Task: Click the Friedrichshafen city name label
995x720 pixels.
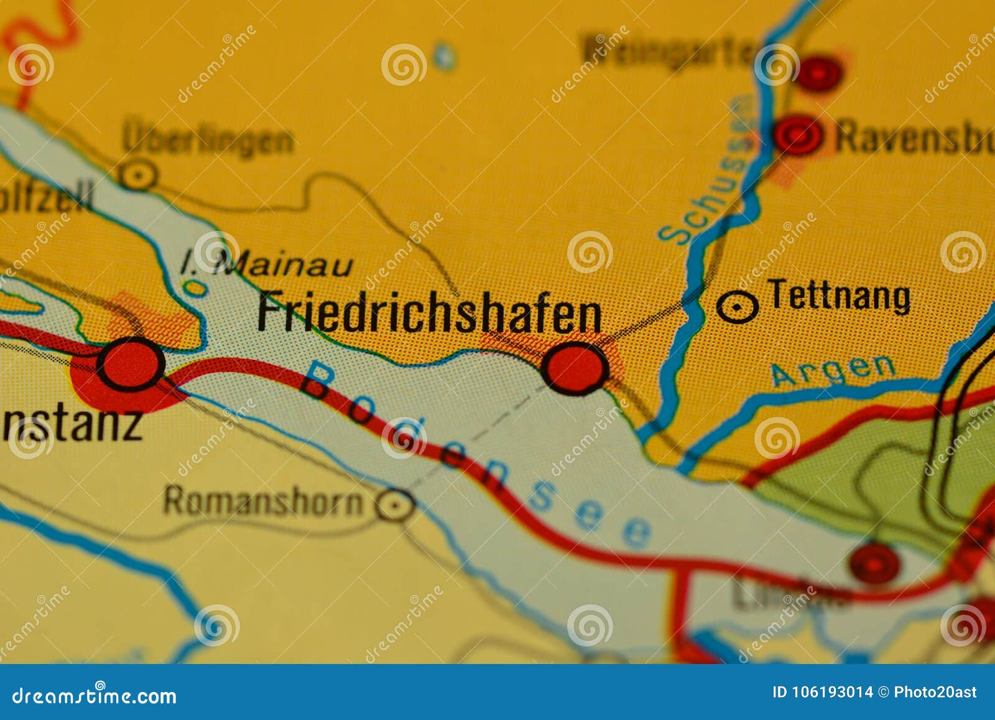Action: [x=429, y=312]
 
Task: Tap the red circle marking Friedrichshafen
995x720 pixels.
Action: [x=575, y=368]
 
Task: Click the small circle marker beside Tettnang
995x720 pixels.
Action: [x=737, y=306]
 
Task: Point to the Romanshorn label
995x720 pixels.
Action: [x=262, y=501]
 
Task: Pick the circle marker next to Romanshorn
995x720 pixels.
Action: [x=395, y=505]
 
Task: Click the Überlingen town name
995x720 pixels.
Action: [x=208, y=139]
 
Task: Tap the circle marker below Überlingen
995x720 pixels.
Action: [x=138, y=175]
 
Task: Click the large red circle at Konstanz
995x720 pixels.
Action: [x=131, y=364]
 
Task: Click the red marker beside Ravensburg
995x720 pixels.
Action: [x=797, y=134]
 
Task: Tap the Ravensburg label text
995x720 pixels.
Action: [x=914, y=137]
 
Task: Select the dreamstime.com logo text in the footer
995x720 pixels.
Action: [x=95, y=696]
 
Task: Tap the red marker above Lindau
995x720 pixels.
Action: [x=874, y=563]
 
